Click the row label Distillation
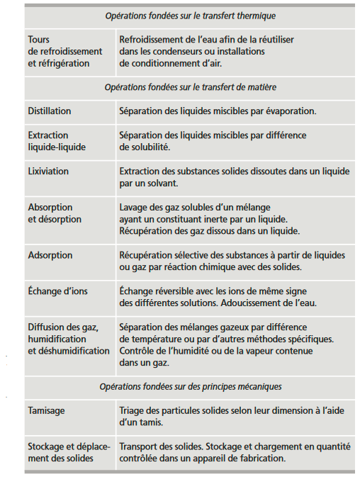click(50, 111)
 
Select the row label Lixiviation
click(48, 171)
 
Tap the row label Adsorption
click(50, 255)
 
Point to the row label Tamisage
click(47, 410)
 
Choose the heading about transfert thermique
click(190, 16)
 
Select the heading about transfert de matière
click(190, 87)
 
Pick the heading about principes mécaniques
click(190, 387)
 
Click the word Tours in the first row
click(39, 40)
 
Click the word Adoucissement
click(262, 303)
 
